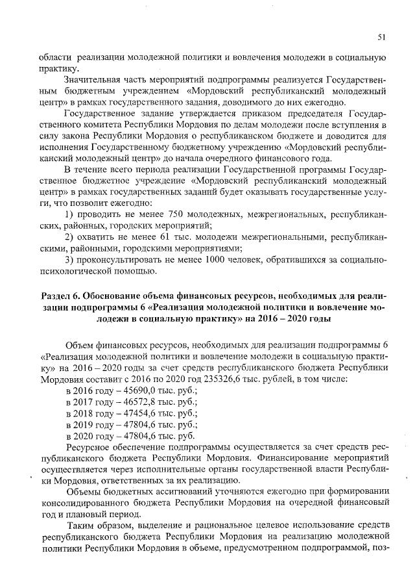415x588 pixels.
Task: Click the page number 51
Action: click(x=382, y=36)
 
